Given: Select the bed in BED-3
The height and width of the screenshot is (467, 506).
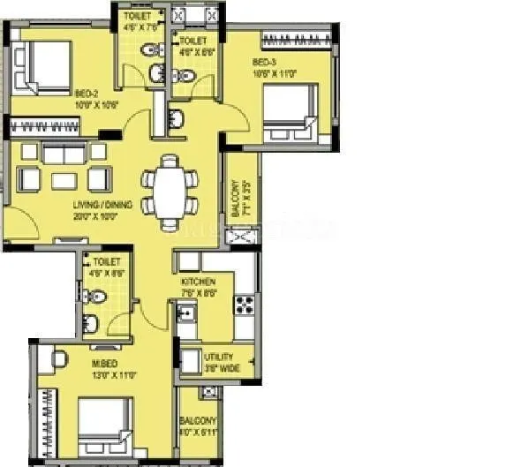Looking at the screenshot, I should (x=292, y=110).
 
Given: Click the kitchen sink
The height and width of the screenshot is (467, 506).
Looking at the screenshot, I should (x=186, y=313).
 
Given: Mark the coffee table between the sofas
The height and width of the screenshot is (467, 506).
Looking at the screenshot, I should (x=64, y=180).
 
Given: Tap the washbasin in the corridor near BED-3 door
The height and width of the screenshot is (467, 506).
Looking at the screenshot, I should (x=174, y=118).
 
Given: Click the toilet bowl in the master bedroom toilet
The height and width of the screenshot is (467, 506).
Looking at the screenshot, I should (x=100, y=298).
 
